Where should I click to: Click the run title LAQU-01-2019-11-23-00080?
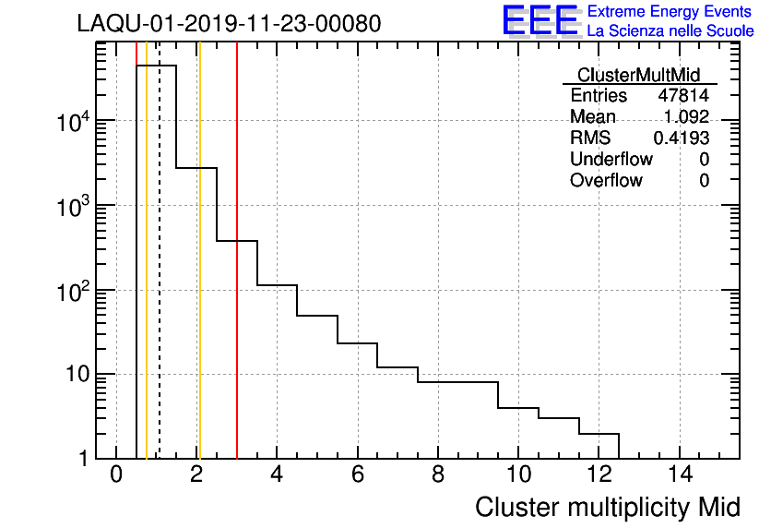[x=229, y=24]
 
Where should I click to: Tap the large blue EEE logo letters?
[x=540, y=21]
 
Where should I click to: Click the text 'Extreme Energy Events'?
[x=670, y=12]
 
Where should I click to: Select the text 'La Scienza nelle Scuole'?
[x=670, y=30]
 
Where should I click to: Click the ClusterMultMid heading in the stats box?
[x=638, y=76]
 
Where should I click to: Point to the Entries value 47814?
[x=683, y=96]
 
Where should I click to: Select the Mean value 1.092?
[x=686, y=117]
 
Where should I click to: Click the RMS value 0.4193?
[x=681, y=138]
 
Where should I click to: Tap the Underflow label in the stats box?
[x=611, y=159]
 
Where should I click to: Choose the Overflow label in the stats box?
[x=606, y=180]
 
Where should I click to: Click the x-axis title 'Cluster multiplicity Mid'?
[x=607, y=507]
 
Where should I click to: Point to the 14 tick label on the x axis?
[x=679, y=475]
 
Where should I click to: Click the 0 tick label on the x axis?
[x=116, y=475]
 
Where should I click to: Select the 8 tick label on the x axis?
[x=438, y=475]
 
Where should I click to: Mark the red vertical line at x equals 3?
[x=237, y=277]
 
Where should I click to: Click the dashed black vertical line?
[x=160, y=277]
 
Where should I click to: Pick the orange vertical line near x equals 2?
[x=198, y=277]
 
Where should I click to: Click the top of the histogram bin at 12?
[x=599, y=434]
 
